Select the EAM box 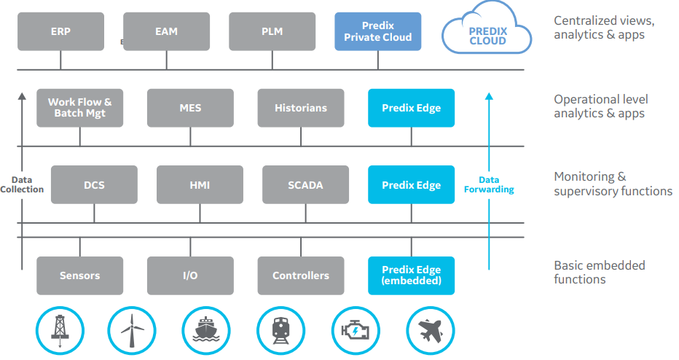tap(166, 31)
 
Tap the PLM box tap(272, 31)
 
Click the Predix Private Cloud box tap(377, 31)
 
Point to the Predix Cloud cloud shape tap(487, 32)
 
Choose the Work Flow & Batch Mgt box tap(80, 108)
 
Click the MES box tap(190, 108)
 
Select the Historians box tap(300, 108)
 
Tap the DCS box tap(94, 185)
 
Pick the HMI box tap(199, 185)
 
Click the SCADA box tap(305, 185)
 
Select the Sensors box tap(80, 275)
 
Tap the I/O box tap(190, 275)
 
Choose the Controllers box tap(300, 275)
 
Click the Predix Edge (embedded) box tap(411, 275)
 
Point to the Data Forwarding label tap(489, 184)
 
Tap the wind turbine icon tap(132, 332)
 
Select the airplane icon tap(430, 332)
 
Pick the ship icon tap(206, 332)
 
